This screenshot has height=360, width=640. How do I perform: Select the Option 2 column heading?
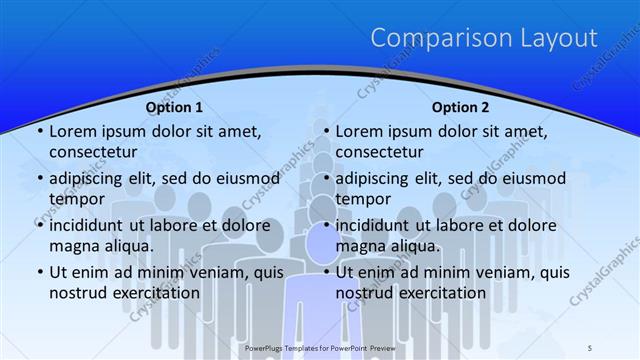click(460, 107)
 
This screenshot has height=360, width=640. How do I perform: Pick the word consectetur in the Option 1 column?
click(93, 151)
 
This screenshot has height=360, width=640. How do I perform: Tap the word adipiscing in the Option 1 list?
click(94, 179)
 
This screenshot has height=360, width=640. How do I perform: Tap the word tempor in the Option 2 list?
click(364, 198)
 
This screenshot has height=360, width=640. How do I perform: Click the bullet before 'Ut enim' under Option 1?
click(38, 272)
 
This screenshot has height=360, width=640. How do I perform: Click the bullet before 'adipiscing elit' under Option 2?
click(324, 179)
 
